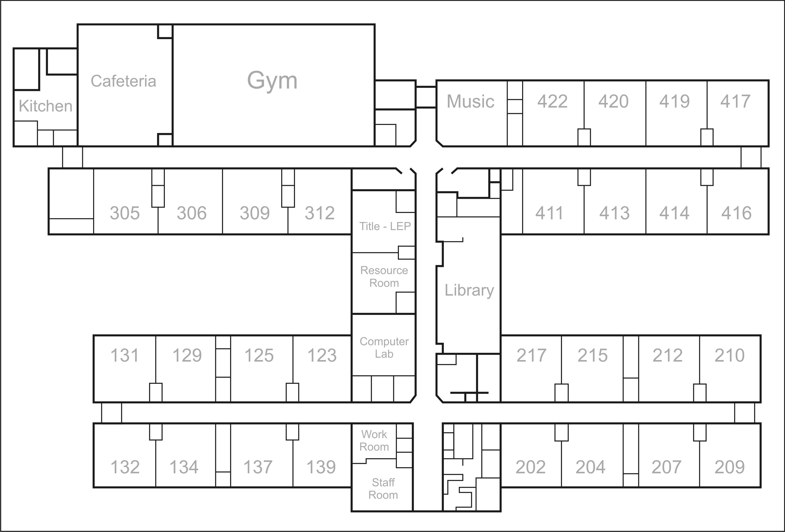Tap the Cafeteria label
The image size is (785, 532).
[123, 81]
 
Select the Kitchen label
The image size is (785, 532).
[45, 106]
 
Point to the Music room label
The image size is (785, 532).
[470, 101]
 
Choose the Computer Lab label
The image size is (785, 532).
[384, 348]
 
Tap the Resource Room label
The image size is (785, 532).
[384, 276]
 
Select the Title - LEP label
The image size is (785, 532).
[385, 226]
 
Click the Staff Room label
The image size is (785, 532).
[383, 488]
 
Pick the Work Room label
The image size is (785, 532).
[374, 441]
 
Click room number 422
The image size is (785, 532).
[552, 101]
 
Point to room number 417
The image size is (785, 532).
[735, 101]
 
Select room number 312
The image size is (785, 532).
[320, 213]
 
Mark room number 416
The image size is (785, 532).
[736, 213]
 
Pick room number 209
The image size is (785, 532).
[729, 467]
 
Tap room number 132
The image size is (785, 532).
[125, 467]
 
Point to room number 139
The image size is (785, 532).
[321, 467]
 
